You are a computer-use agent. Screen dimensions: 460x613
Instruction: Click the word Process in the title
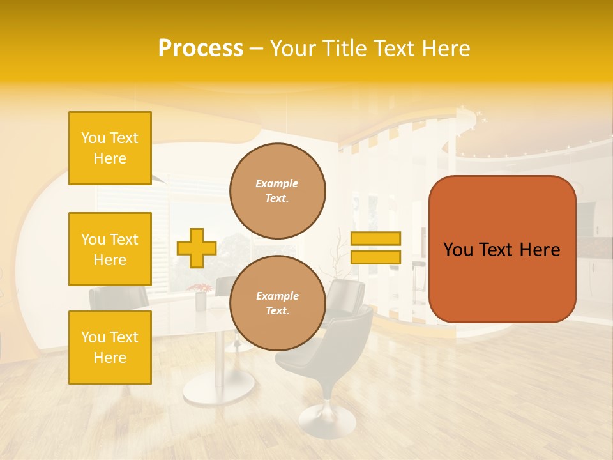201,49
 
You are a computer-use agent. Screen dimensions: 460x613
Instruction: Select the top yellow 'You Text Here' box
110,148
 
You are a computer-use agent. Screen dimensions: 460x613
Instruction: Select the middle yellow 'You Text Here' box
110,249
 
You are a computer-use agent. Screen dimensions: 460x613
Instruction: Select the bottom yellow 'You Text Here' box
110,348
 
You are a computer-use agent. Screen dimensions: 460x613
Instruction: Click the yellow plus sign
197,248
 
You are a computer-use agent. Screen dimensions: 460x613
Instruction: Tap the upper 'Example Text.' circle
278,191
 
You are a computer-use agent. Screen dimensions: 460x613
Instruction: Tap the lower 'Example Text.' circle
278,303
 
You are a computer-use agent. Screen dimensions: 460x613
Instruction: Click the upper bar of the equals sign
376,239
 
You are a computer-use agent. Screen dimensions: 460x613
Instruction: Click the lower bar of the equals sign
376,257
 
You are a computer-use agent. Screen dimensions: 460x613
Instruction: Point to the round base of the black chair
327,421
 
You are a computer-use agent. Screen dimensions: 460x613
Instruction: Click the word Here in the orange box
540,250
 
